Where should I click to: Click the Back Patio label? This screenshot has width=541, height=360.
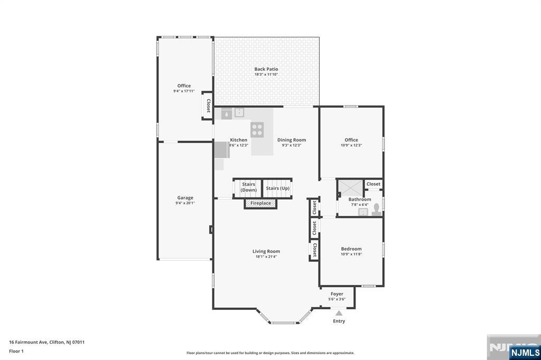[266, 69]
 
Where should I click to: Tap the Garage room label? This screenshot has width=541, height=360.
[185, 197]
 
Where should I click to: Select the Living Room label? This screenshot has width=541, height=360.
[266, 251]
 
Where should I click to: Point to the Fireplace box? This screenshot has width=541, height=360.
[260, 203]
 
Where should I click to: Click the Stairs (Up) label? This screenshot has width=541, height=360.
[277, 188]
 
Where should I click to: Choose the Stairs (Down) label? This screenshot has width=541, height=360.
[248, 187]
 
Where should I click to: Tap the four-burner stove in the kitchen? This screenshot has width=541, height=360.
[257, 130]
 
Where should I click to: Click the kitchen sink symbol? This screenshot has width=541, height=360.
[239, 112]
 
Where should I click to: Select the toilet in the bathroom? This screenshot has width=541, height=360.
[376, 210]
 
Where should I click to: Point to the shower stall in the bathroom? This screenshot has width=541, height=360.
[350, 188]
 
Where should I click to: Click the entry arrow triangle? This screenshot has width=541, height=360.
[339, 313]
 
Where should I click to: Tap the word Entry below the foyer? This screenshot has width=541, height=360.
[339, 321]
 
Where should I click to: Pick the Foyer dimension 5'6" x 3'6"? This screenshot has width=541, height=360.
[337, 299]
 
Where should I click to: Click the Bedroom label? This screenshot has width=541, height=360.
[351, 249]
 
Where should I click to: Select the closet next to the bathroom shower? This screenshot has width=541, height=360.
[374, 184]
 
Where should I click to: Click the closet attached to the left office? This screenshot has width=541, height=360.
[208, 106]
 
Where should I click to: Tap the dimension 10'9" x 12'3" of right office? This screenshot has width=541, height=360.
[351, 145]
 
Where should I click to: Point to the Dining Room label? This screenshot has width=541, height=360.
[292, 140]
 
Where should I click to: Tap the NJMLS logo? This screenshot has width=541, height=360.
[525, 352]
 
